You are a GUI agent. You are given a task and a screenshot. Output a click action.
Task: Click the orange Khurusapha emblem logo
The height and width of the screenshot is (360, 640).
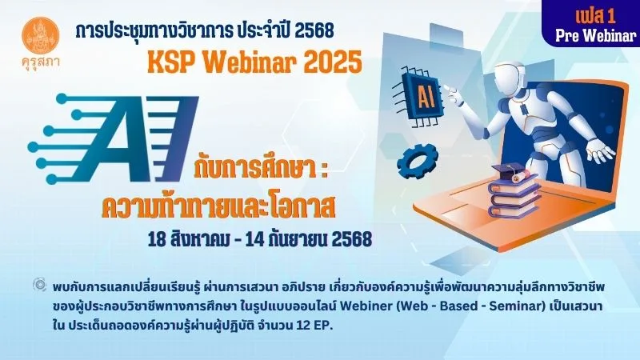tap(41, 35)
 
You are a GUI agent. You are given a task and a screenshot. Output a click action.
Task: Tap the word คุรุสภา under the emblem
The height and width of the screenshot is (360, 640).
tap(41, 62)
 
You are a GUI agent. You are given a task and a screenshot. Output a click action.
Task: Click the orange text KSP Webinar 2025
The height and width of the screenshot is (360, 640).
tap(254, 62)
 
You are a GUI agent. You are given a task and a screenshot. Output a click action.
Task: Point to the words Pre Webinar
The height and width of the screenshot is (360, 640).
tap(596, 36)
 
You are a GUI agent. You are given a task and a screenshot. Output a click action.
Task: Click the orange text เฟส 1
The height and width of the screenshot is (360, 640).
tap(595, 16)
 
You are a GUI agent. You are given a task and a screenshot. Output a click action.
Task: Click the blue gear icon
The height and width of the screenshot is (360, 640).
tap(418, 162)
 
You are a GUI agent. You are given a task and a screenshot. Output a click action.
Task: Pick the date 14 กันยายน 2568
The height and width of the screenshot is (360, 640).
tap(309, 239)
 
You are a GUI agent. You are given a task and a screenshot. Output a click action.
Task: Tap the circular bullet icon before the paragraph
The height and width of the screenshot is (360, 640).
tap(39, 285)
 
